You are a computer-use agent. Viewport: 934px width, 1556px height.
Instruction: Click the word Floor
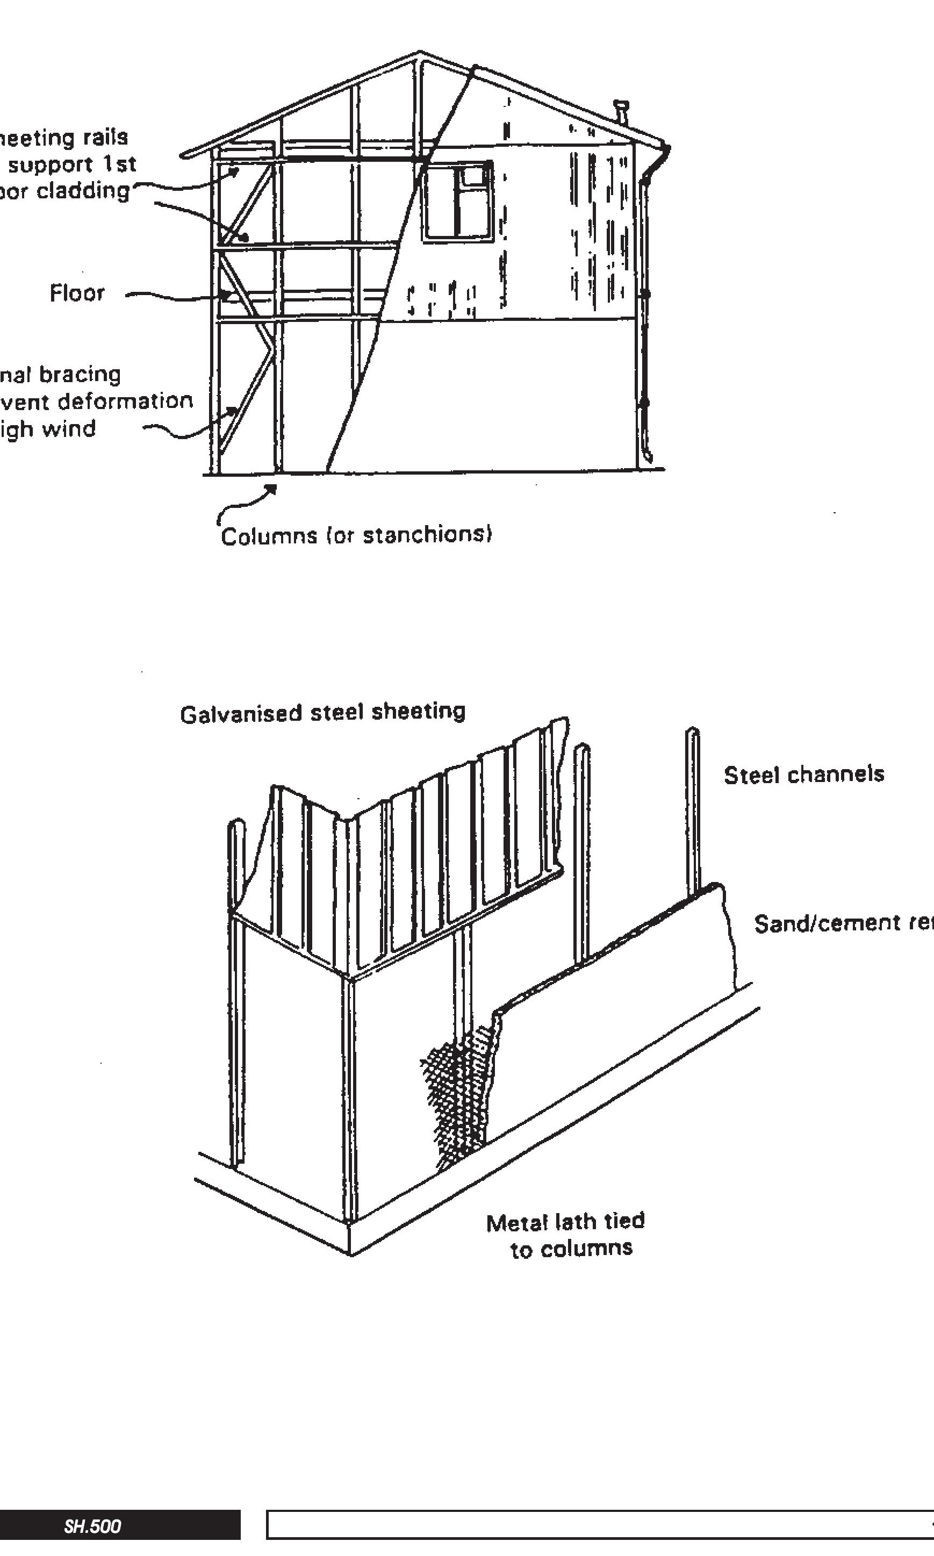pyautogui.click(x=77, y=293)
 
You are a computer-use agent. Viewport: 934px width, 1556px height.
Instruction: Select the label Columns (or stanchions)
pyautogui.click(x=356, y=535)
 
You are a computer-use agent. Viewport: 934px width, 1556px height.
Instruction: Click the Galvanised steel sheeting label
pyautogui.click(x=322, y=713)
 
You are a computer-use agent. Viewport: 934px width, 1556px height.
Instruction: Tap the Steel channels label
pyautogui.click(x=804, y=774)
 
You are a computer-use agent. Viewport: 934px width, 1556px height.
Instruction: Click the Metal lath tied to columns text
pyautogui.click(x=566, y=1235)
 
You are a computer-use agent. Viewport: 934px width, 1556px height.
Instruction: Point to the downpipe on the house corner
pyautogui.click(x=643, y=315)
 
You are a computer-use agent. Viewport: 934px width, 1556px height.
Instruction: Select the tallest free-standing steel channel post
pyautogui.click(x=693, y=812)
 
